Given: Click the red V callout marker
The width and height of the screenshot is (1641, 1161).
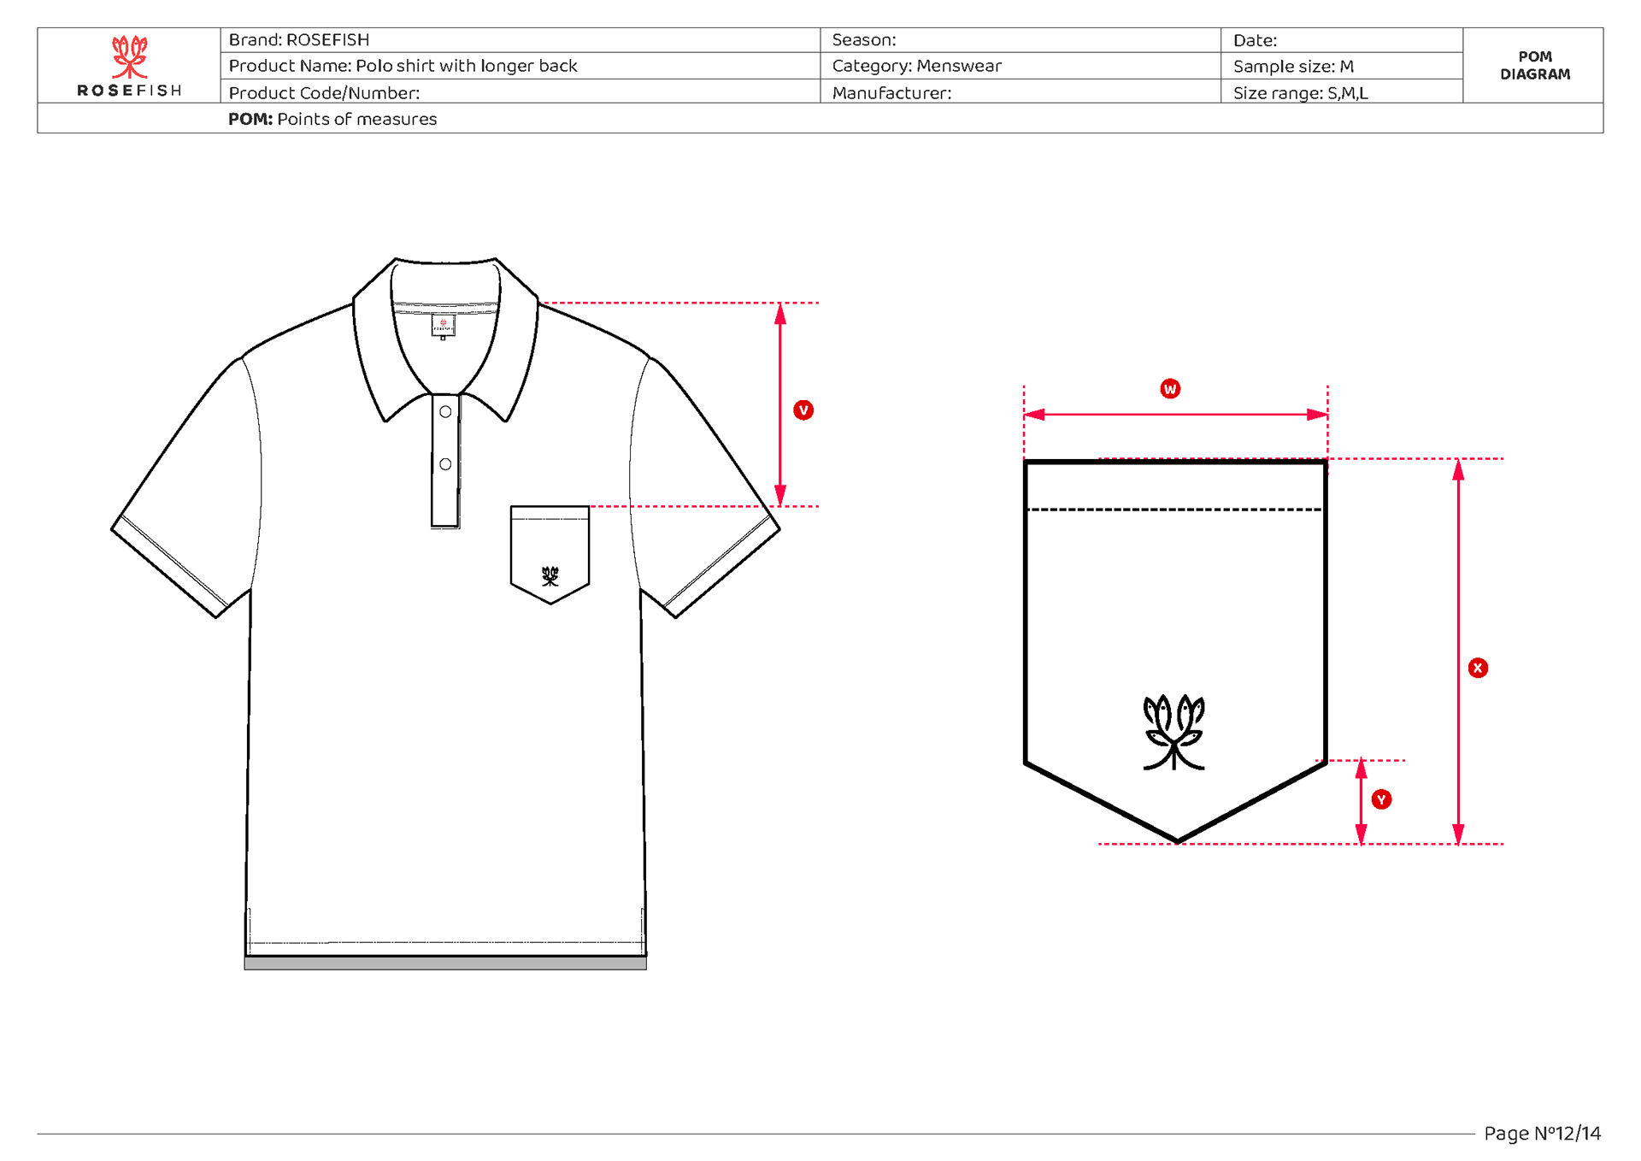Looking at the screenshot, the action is click(803, 410).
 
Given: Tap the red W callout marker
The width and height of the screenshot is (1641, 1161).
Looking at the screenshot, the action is click(1169, 389).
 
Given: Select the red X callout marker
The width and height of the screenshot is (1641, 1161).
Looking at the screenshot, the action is click(1478, 669).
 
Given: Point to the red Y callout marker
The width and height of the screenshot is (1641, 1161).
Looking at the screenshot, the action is click(1381, 799).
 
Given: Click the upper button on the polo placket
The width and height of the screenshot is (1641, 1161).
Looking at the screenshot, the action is click(445, 412).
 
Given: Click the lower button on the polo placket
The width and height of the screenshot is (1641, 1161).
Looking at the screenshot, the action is click(445, 464).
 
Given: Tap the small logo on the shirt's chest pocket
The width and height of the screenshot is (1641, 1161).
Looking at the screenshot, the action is click(550, 576).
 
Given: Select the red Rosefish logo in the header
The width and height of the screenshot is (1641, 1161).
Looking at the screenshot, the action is click(129, 56).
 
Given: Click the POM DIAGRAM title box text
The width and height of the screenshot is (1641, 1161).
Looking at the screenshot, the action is click(1534, 66).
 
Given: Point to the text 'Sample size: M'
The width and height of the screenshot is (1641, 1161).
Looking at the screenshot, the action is click(1292, 67).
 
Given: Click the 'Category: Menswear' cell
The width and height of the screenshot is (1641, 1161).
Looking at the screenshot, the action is click(916, 66).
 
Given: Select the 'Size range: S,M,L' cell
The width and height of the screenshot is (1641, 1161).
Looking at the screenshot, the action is click(1300, 93).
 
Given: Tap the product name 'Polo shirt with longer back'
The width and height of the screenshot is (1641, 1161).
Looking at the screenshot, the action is click(466, 66).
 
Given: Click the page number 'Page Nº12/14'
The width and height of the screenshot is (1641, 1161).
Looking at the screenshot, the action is click(1542, 1134).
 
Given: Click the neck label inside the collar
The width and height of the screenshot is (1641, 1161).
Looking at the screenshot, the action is click(443, 326).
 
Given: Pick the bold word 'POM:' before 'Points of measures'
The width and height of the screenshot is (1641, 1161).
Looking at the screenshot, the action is click(250, 120).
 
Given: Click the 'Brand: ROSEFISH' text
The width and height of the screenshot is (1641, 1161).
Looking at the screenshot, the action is click(299, 40).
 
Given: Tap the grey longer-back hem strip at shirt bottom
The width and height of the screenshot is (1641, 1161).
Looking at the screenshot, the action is click(445, 964).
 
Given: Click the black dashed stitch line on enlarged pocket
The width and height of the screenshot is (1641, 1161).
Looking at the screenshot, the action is click(1174, 510).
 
